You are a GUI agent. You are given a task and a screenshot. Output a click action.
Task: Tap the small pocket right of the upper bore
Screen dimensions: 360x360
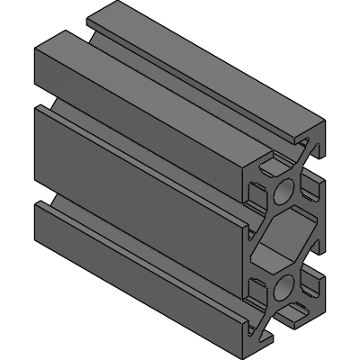tap(310, 188)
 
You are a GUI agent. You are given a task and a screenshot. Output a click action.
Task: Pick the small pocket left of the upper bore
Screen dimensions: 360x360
tap(259, 193)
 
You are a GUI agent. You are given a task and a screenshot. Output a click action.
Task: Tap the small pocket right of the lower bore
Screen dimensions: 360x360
tap(311, 286)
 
